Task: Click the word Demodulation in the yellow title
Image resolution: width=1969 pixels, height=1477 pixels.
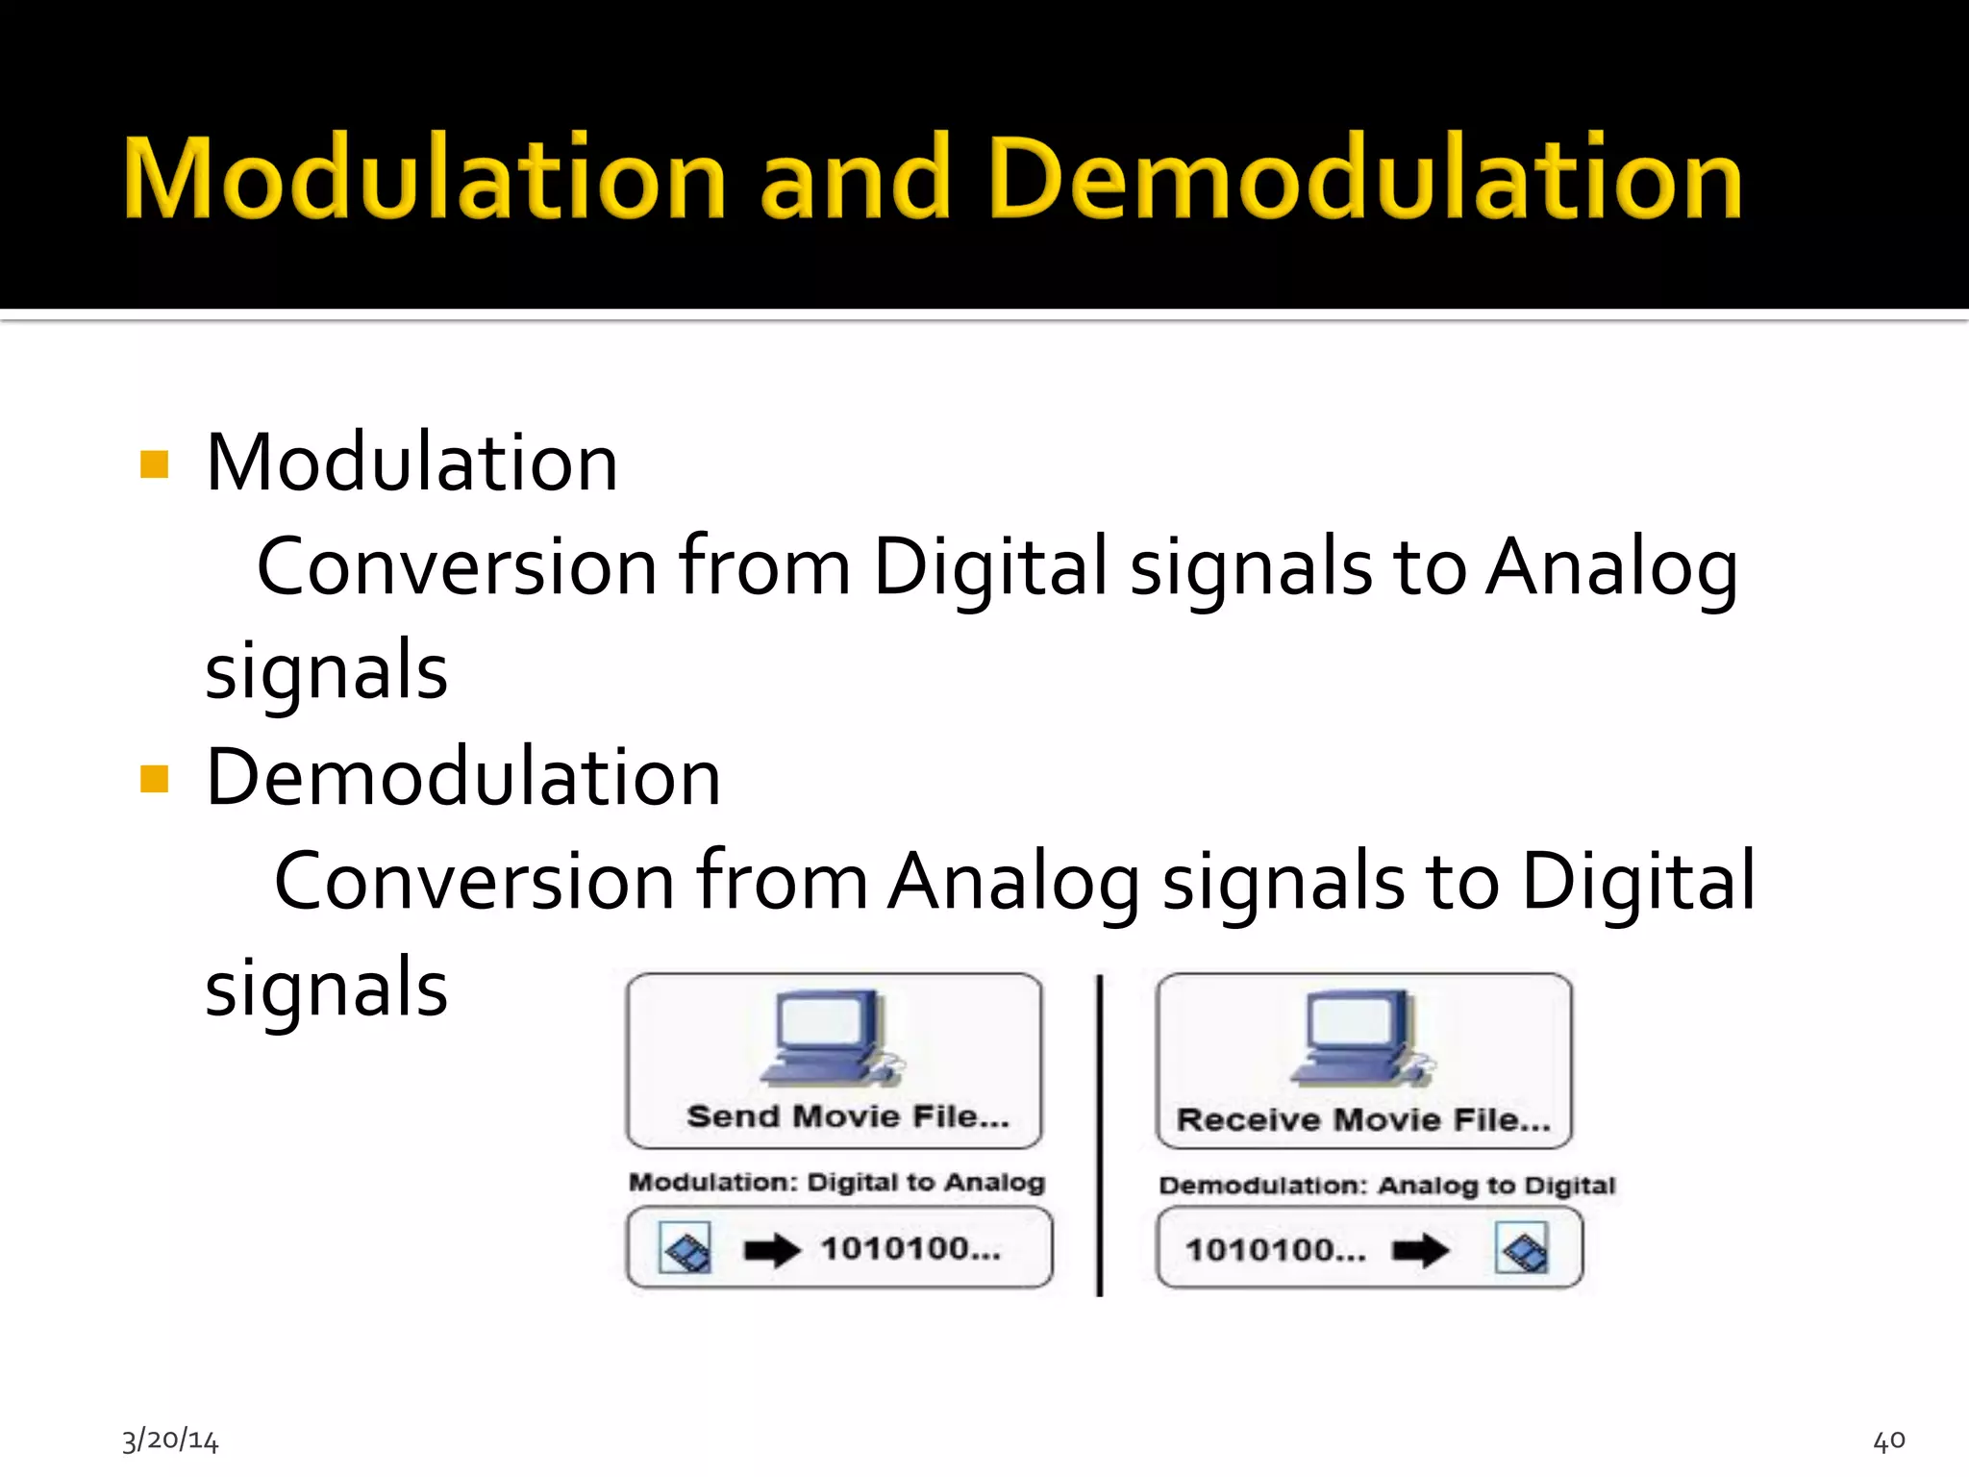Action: click(x=1365, y=179)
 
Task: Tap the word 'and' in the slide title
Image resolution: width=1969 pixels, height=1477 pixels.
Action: click(x=856, y=179)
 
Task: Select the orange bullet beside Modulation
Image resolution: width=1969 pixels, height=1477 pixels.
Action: click(x=154, y=464)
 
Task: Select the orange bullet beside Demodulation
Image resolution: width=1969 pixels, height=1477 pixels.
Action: click(x=154, y=778)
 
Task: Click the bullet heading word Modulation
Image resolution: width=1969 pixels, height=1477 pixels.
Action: click(x=411, y=463)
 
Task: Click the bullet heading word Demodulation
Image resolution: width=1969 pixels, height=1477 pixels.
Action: click(x=463, y=777)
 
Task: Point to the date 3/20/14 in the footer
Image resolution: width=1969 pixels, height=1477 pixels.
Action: click(x=170, y=1439)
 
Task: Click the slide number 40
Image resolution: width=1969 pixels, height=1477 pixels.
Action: click(x=1889, y=1439)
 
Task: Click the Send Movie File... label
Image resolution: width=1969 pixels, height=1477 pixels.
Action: click(x=848, y=1116)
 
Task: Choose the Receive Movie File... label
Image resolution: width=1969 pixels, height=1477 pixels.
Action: click(x=1363, y=1119)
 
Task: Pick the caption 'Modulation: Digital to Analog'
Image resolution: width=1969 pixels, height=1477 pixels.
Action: click(x=836, y=1182)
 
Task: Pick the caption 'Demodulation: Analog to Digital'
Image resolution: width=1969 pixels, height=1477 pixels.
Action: click(x=1386, y=1185)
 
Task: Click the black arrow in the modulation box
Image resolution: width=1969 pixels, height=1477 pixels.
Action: click(x=772, y=1250)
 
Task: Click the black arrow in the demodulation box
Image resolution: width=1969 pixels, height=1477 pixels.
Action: click(x=1420, y=1250)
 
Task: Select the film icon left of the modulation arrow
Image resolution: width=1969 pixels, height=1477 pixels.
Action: click(x=685, y=1248)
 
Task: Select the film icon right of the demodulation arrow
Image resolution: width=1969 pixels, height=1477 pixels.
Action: click(x=1522, y=1248)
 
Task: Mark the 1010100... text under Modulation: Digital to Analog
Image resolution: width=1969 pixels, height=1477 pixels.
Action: click(x=910, y=1248)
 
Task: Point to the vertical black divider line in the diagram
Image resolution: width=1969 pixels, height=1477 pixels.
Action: click(x=1100, y=1135)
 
